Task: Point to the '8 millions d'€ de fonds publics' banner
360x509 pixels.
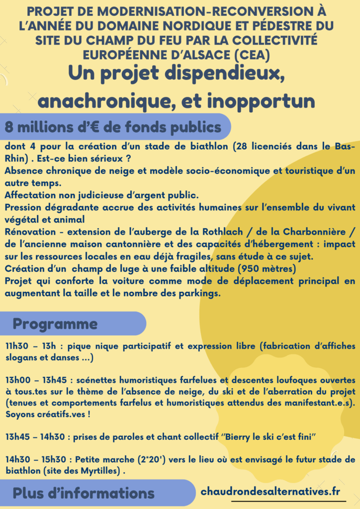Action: (113, 127)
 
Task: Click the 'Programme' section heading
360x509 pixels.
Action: (55, 324)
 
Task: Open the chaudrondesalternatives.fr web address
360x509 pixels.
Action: (270, 491)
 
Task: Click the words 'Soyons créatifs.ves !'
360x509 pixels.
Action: (49, 414)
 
